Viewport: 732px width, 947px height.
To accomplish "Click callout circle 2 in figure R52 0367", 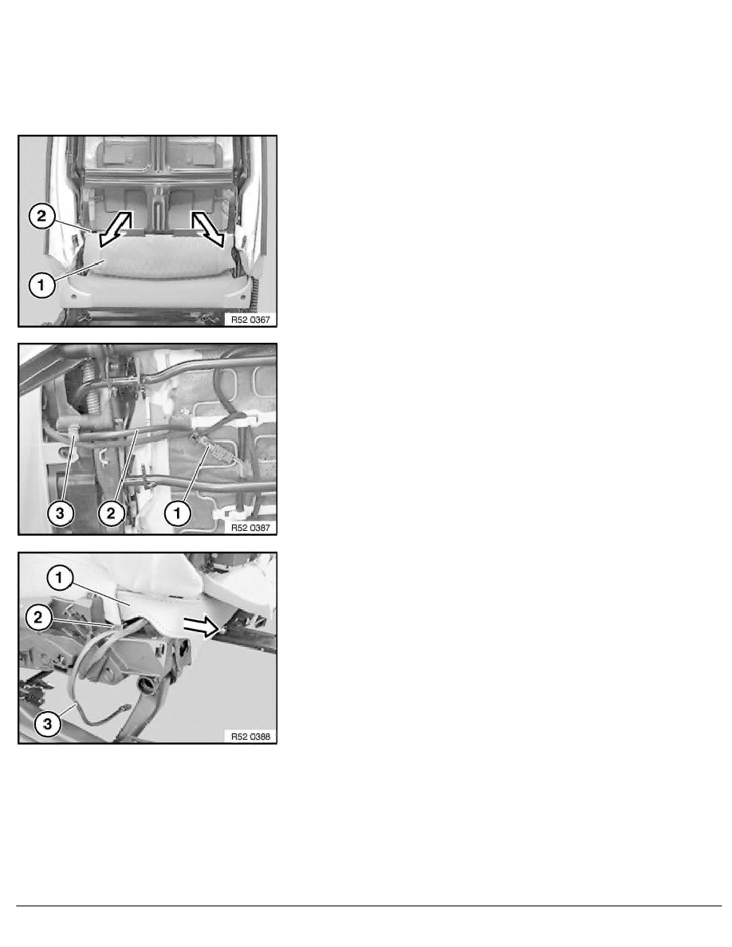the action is [41, 216].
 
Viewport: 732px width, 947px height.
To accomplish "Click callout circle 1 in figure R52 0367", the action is [41, 285].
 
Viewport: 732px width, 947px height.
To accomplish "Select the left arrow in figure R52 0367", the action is [116, 229].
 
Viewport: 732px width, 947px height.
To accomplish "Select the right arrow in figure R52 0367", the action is [208, 229].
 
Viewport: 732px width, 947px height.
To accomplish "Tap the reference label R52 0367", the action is [250, 320].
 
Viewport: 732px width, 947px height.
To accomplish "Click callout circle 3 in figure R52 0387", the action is [60, 514].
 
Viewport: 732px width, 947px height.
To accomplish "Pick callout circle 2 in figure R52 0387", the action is [111, 514].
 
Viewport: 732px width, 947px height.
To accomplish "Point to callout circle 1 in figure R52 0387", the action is [177, 514].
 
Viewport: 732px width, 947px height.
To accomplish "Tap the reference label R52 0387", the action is [250, 528].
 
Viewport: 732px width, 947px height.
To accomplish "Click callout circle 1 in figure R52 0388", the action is [59, 578].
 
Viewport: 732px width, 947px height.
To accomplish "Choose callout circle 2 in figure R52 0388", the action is [38, 617].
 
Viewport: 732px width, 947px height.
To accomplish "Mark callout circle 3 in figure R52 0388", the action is [48, 723].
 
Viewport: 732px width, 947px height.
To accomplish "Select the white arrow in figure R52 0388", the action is [200, 627].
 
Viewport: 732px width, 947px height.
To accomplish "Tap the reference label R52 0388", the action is [250, 737].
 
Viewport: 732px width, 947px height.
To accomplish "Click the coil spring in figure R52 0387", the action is [89, 387].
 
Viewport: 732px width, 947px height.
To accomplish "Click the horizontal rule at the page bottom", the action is [369, 906].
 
